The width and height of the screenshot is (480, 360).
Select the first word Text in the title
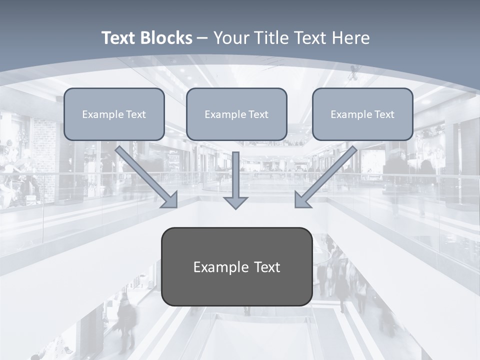(x=119, y=38)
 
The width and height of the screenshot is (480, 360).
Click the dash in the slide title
(x=202, y=38)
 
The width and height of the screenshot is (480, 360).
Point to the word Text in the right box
(x=384, y=114)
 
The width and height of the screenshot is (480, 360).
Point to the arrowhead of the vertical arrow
(x=235, y=203)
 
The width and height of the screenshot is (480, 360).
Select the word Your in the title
(x=232, y=38)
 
